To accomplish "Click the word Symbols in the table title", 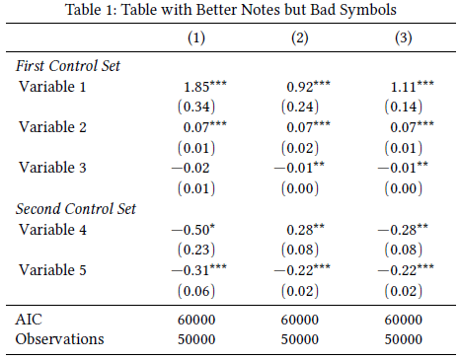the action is (x=367, y=10).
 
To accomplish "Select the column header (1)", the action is (x=196, y=37).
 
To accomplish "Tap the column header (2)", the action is (x=300, y=37).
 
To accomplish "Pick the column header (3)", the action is (x=404, y=37).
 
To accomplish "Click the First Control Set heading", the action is (x=68, y=66).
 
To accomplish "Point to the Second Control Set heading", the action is (x=76, y=209).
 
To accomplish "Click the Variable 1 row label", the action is (x=52, y=87).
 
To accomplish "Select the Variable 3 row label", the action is (x=52, y=168).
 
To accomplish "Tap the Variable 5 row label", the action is (x=52, y=270).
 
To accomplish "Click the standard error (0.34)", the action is (x=196, y=107).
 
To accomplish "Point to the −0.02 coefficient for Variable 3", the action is (x=191, y=168).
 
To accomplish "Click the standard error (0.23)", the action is (x=196, y=250).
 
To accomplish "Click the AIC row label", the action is (x=29, y=320).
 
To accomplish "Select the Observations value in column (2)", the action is (x=300, y=339).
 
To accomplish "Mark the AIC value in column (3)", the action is (x=404, y=320).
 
